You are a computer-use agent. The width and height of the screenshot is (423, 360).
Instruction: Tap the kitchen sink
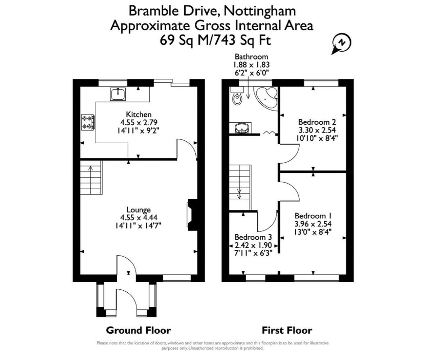tap(118, 94)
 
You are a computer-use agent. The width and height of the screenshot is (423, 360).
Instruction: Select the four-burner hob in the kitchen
tap(88, 122)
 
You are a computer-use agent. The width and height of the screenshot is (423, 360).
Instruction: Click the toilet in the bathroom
tap(237, 96)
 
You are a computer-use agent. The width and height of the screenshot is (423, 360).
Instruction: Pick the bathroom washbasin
tap(241, 128)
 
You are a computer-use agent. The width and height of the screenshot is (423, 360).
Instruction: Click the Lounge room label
tap(139, 209)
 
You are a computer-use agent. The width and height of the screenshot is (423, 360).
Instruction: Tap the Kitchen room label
tap(139, 114)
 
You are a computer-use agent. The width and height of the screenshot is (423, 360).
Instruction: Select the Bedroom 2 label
tap(317, 122)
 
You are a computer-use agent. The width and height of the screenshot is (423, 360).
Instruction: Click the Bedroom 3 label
tap(253, 237)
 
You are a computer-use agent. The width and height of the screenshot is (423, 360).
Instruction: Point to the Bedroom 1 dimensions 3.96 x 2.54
tap(313, 224)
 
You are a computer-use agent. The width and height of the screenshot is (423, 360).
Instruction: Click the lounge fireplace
tap(192, 215)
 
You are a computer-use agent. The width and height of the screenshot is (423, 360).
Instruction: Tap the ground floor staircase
tap(91, 177)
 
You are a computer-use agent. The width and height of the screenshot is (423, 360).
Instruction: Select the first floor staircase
tap(240, 188)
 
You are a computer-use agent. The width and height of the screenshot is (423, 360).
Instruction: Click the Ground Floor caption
tap(138, 330)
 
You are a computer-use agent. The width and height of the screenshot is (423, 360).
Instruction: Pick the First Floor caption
tap(287, 330)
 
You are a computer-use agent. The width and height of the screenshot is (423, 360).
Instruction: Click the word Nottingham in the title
tap(260, 11)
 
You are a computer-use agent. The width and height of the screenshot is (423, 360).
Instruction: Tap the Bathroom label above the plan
tap(251, 57)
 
